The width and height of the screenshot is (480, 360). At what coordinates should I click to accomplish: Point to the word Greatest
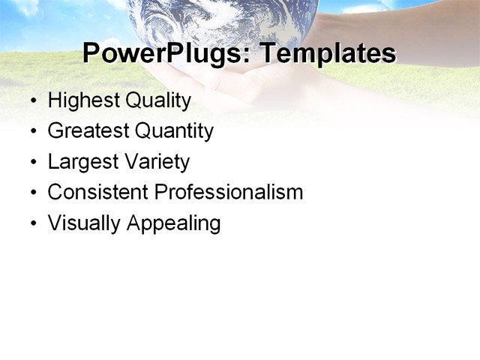[88, 131]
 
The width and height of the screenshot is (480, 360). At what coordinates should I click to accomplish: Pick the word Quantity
[175, 131]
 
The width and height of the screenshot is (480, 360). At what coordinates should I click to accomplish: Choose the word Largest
[79, 162]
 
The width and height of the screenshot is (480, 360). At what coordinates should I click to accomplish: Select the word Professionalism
[229, 192]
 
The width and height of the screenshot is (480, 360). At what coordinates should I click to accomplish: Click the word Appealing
[173, 223]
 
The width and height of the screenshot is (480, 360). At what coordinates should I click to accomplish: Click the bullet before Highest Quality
[32, 100]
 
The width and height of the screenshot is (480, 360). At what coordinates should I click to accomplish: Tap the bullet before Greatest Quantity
[32, 132]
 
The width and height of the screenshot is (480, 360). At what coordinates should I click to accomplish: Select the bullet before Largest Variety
[32, 163]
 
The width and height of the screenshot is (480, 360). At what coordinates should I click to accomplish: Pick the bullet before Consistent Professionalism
[32, 193]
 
